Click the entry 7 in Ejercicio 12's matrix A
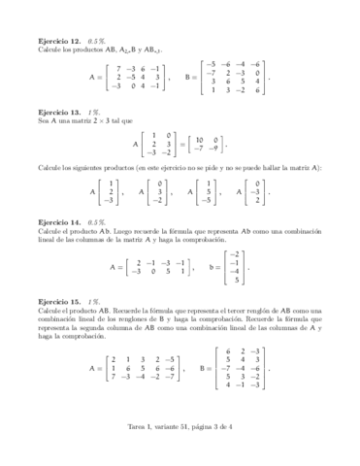click(117, 67)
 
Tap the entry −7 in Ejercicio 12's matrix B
click(210, 72)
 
